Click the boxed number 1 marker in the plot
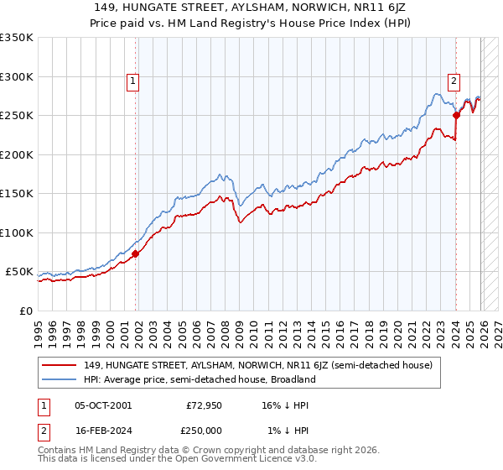click(x=134, y=81)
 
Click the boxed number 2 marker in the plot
click(x=454, y=81)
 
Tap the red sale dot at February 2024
click(x=456, y=115)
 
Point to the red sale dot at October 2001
click(x=136, y=253)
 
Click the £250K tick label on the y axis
click(x=18, y=116)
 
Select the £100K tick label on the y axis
click(x=18, y=232)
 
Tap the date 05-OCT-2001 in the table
click(x=102, y=405)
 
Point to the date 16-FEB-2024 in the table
click(x=102, y=430)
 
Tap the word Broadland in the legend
click(x=291, y=379)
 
